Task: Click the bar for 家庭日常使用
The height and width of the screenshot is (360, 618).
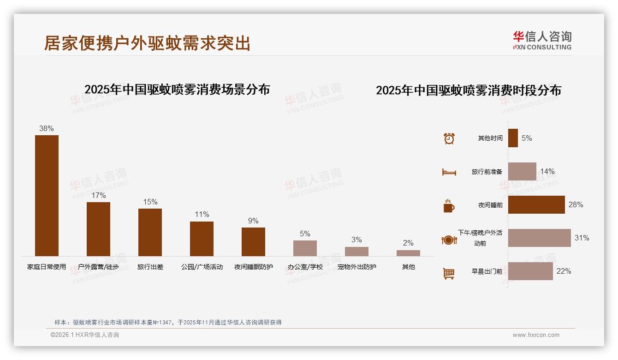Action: point(47,195)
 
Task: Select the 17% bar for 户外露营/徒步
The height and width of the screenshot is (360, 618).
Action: point(98,229)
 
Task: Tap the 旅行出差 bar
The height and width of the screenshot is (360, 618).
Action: point(150,232)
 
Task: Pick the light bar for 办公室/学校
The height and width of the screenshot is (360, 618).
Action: point(305,248)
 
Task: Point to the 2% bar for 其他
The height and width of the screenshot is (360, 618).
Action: point(408,253)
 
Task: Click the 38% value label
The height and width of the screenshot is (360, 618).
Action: point(47,129)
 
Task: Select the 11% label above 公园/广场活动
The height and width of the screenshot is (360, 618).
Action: point(202,215)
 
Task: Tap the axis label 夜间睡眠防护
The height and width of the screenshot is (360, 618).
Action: point(253,267)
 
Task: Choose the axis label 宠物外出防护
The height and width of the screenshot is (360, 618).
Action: point(357,267)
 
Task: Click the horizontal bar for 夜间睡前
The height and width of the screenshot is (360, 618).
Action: point(536,204)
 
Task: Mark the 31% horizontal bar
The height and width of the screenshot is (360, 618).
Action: point(539,238)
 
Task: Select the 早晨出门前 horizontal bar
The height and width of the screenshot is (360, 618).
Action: point(530,271)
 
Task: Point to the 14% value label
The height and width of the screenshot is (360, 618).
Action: point(547,172)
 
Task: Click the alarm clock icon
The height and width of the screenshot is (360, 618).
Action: point(449,138)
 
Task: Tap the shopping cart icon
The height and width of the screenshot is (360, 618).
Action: point(449,273)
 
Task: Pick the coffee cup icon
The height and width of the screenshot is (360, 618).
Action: point(449,206)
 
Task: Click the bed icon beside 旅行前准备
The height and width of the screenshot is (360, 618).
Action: point(449,172)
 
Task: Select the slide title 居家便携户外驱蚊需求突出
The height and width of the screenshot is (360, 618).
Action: point(147,43)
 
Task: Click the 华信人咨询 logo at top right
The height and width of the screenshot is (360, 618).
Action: point(542,40)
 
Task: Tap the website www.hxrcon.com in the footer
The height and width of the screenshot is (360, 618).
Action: point(536,335)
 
